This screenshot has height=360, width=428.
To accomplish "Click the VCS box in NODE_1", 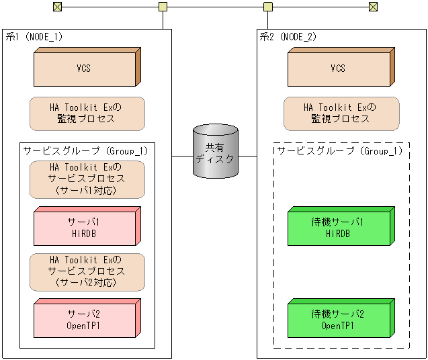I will coord(84,69).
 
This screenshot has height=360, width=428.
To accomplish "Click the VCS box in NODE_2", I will coord(338,69).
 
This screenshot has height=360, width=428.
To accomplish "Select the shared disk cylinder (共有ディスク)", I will coord(214,152).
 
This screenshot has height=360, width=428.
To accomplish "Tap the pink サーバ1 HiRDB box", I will coord(84,228).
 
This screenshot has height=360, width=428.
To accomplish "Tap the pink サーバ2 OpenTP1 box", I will coord(84,320).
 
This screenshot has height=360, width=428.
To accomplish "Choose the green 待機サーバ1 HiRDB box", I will coord(338,228).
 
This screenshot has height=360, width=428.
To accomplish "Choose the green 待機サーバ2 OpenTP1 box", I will coord(338,320).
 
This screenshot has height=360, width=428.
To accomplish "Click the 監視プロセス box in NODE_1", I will coord(87,114).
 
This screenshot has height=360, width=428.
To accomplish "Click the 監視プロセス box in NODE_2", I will coord(341,114).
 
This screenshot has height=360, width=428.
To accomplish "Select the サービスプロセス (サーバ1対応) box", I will coord(87,179).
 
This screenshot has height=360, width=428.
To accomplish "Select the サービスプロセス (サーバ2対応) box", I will coord(87,271).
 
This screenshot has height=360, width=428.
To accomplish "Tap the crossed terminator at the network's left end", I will coord(57,7).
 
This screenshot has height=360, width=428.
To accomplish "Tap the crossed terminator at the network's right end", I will coord(374,7).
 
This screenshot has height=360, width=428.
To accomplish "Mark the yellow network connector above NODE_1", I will coord(163,7).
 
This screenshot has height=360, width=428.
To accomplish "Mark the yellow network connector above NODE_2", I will coord(267,7).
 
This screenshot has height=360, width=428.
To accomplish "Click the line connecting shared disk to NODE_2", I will coord(247,156).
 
